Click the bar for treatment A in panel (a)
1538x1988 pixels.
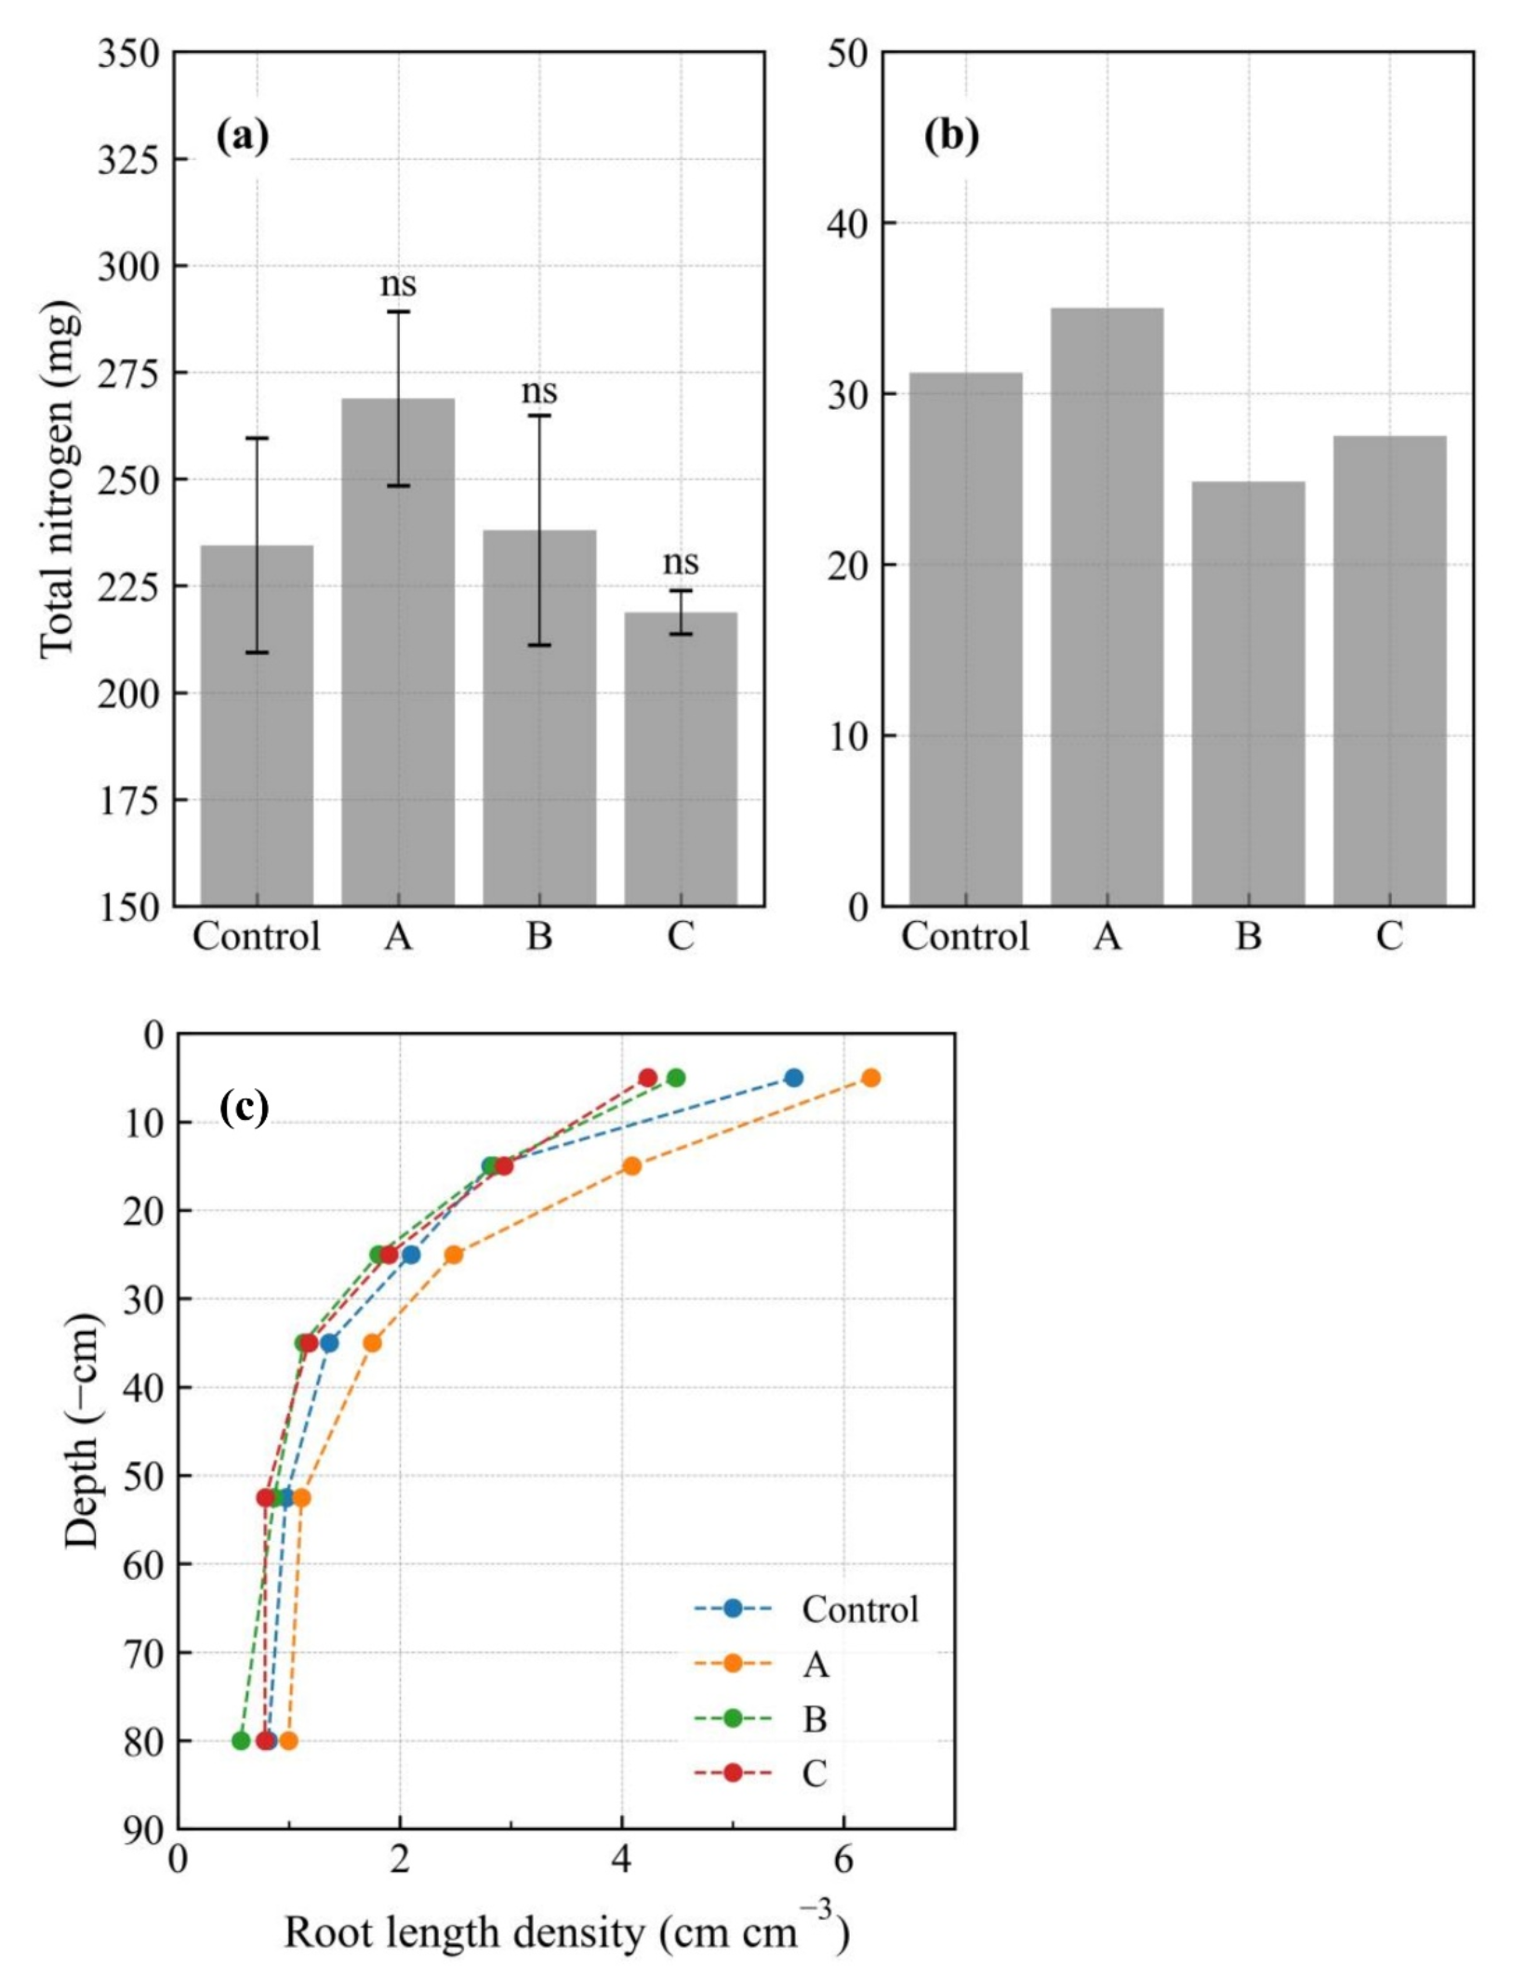pyautogui.click(x=397, y=651)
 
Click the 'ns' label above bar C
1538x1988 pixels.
pyautogui.click(x=680, y=562)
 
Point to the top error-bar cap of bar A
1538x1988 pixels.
pyautogui.click(x=398, y=311)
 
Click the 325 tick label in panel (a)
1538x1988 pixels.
pyautogui.click(x=128, y=159)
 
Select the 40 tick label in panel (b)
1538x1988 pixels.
pyautogui.click(x=846, y=223)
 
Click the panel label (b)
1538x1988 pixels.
pyautogui.click(x=950, y=136)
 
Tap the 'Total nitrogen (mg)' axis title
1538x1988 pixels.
pyautogui.click(x=58, y=480)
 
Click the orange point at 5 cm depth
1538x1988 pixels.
pyautogui.click(x=870, y=1078)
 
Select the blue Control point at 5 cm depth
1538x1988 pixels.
pyautogui.click(x=793, y=1078)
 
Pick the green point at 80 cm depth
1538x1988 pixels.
pyautogui.click(x=242, y=1741)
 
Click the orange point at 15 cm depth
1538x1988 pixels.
pyautogui.click(x=632, y=1165)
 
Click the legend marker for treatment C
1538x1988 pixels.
pyautogui.click(x=733, y=1773)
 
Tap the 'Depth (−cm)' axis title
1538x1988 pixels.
pyautogui.click(x=82, y=1431)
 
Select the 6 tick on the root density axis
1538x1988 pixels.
pyautogui.click(x=842, y=1862)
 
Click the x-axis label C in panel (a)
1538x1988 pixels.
pyautogui.click(x=680, y=936)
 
